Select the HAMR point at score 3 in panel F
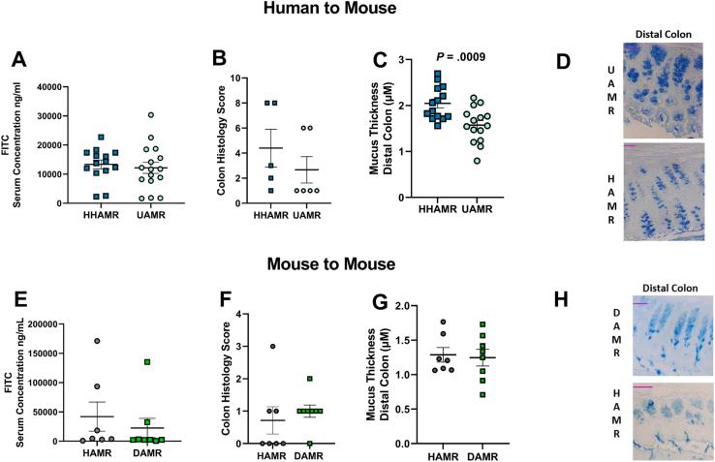(x=273, y=347)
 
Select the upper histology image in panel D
(x=669, y=85)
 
